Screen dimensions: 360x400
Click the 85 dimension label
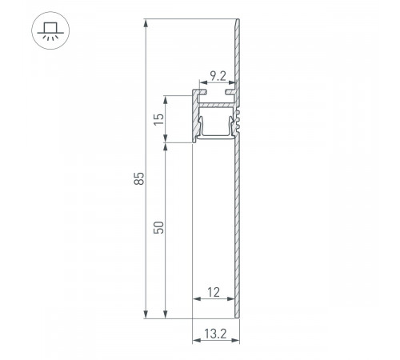coord(138,177)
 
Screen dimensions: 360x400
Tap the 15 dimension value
coord(159,119)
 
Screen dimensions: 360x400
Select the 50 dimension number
coord(159,227)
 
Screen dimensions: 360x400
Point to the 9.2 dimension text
coord(217,78)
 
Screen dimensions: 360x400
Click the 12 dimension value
coord(213,293)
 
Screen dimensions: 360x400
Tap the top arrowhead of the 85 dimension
coord(145,24)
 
